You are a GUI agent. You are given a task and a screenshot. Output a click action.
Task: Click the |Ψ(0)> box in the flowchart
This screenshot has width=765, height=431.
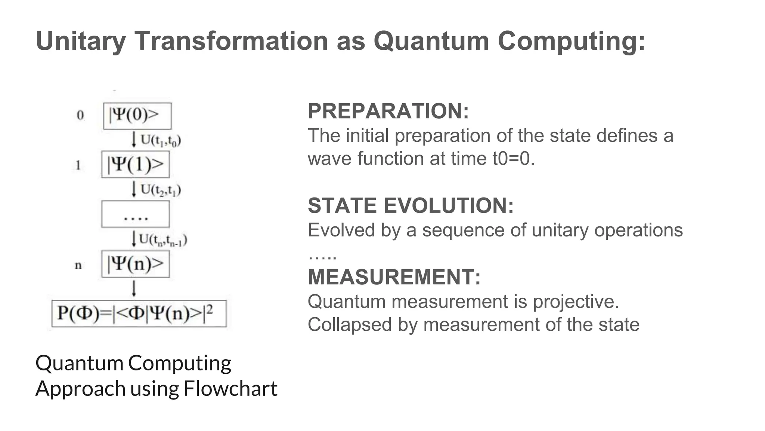(137, 116)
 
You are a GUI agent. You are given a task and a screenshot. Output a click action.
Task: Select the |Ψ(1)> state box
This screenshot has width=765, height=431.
(135, 164)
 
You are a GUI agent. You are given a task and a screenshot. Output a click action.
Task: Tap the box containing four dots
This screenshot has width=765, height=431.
(135, 214)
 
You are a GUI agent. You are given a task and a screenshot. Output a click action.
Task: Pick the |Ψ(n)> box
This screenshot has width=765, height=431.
(135, 264)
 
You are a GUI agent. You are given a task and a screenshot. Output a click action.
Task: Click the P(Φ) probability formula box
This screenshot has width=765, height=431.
(139, 314)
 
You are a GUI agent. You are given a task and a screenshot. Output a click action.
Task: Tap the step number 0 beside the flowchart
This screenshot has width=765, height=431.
(80, 115)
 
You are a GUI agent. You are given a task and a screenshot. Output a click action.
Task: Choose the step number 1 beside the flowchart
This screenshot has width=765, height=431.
(78, 165)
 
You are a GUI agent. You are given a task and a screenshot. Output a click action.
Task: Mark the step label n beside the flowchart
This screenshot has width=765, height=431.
(78, 265)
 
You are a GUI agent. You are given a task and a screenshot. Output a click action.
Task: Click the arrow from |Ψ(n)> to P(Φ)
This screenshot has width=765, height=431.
(134, 288)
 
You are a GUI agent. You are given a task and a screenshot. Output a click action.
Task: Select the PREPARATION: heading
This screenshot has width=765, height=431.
(388, 111)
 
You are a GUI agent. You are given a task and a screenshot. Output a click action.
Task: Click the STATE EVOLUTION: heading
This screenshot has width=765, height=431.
(411, 206)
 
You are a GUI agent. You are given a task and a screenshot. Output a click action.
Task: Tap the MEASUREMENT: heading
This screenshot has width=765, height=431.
(394, 277)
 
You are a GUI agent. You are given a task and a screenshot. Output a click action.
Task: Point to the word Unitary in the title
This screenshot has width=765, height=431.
(81, 41)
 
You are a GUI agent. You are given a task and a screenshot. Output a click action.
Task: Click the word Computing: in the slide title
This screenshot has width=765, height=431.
(571, 41)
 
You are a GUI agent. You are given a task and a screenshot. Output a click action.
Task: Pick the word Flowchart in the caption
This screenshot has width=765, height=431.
(230, 388)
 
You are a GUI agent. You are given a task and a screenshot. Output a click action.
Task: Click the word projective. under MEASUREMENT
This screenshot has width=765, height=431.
(576, 302)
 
